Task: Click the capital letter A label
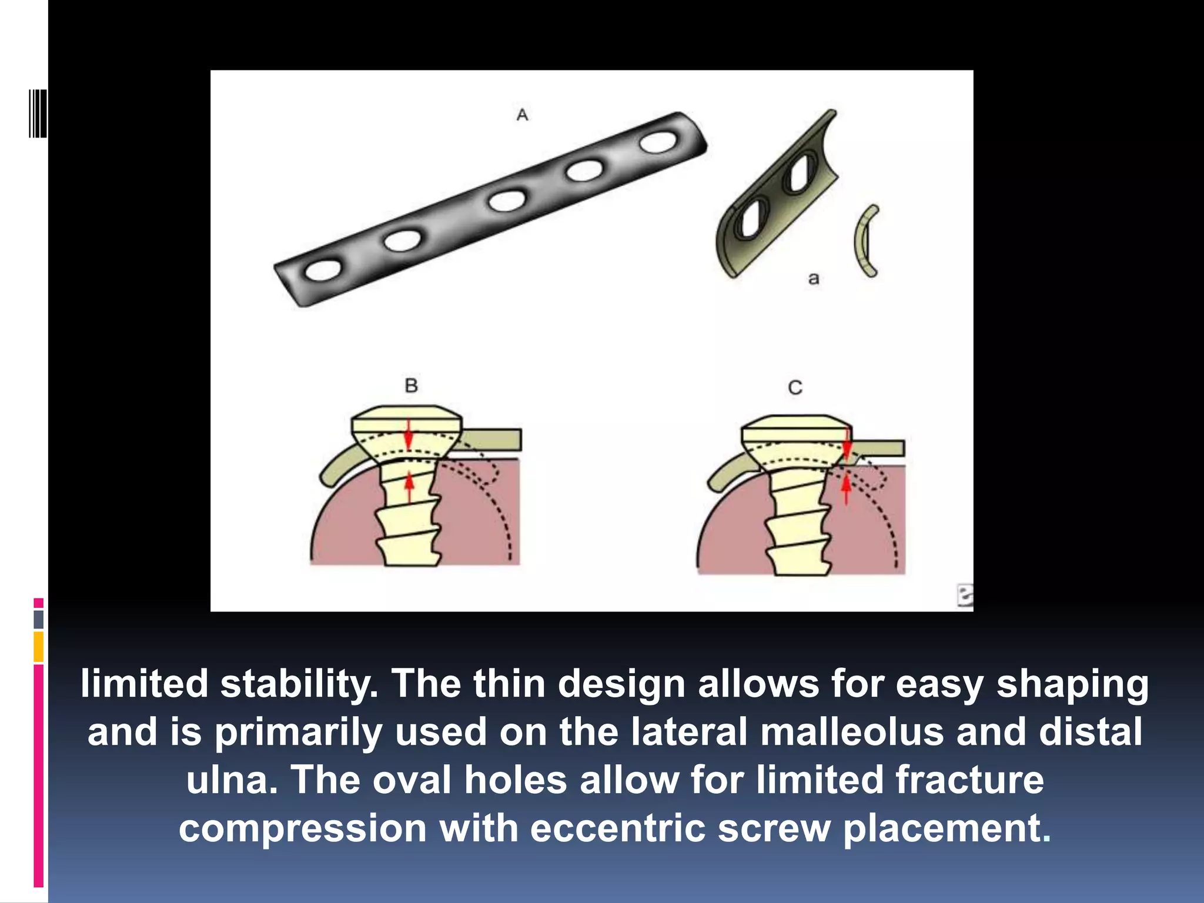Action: (x=522, y=115)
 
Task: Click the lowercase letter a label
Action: (x=814, y=278)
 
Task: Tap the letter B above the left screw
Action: (x=411, y=386)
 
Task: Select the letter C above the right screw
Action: (x=795, y=387)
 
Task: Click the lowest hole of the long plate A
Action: (x=323, y=270)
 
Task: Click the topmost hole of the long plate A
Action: (x=658, y=143)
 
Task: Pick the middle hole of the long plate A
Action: (x=507, y=201)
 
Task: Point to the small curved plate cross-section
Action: (x=864, y=241)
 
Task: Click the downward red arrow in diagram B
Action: (x=409, y=435)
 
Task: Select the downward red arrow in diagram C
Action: (x=847, y=444)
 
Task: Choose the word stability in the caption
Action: (x=299, y=684)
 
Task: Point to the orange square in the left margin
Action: (x=38, y=647)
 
